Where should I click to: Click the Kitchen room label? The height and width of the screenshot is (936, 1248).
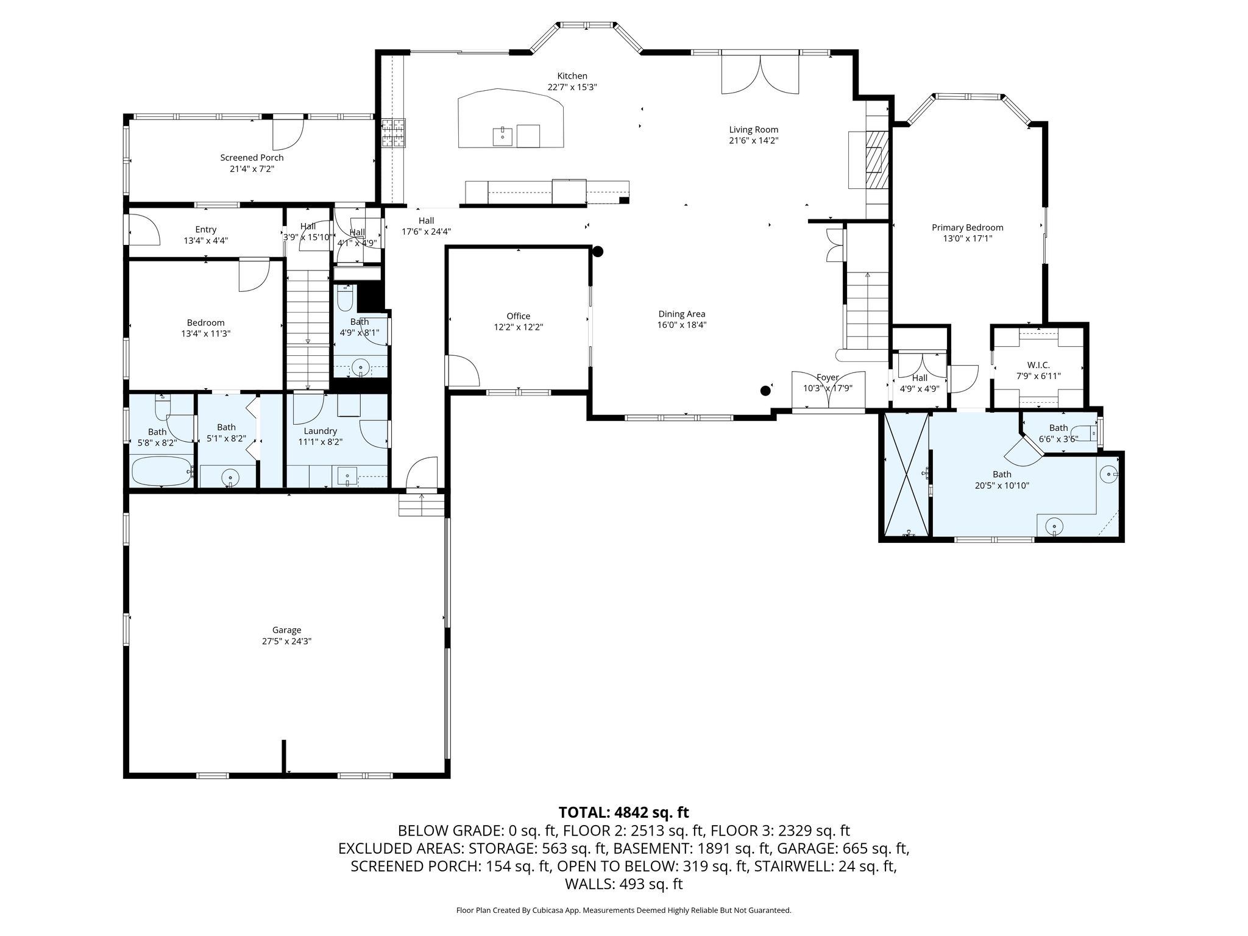click(x=572, y=76)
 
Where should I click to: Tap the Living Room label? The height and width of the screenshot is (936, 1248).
click(x=754, y=130)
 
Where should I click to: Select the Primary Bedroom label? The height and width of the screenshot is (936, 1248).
click(x=967, y=228)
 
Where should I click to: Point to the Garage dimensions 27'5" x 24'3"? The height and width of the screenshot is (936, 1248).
click(x=286, y=641)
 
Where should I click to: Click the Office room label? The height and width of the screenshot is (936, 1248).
click(x=519, y=316)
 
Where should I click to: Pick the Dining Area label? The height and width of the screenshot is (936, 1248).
click(x=682, y=314)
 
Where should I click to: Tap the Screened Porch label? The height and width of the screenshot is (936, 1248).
click(x=252, y=158)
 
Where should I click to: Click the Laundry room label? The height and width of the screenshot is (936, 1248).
click(x=321, y=431)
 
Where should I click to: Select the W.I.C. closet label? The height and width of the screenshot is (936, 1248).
click(x=1038, y=365)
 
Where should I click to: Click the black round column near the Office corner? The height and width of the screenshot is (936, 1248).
click(x=598, y=251)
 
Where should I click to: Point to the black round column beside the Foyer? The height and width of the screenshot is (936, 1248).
click(x=765, y=391)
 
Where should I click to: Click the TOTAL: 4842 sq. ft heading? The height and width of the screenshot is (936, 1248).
click(x=623, y=812)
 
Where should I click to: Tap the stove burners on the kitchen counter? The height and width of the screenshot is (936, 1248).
click(x=393, y=133)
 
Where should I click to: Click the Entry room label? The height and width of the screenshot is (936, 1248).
click(x=206, y=230)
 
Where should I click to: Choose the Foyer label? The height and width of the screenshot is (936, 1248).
click(x=828, y=378)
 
